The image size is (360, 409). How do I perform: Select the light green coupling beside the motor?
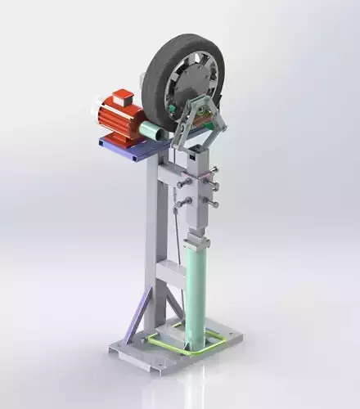tap(151, 130)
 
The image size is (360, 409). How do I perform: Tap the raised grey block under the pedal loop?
tap(175, 330)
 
